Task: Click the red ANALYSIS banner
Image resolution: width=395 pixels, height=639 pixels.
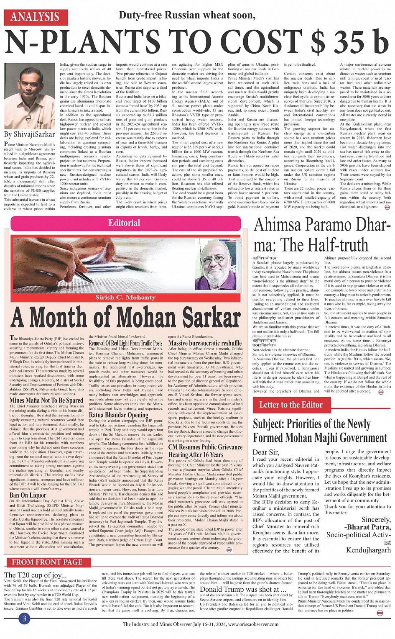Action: (35, 17)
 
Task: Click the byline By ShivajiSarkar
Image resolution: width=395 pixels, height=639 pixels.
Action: (30, 134)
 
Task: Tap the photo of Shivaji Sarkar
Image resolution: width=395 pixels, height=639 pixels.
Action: (29, 96)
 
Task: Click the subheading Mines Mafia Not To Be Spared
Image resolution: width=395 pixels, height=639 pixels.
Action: (46, 400)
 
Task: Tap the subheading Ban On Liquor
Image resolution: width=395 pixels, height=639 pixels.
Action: (28, 495)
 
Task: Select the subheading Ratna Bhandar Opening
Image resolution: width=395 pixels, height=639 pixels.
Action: (119, 415)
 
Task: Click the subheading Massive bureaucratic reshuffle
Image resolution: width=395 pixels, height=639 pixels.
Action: (205, 343)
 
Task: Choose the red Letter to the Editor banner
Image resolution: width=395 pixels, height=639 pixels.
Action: (291, 405)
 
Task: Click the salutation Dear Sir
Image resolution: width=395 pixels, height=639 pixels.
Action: (265, 452)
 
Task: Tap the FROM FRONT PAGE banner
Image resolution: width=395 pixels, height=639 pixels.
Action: (47, 562)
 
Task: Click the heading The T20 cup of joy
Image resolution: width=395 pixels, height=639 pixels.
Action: (35, 575)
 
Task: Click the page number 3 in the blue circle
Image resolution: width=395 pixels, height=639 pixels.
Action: (25, 618)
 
